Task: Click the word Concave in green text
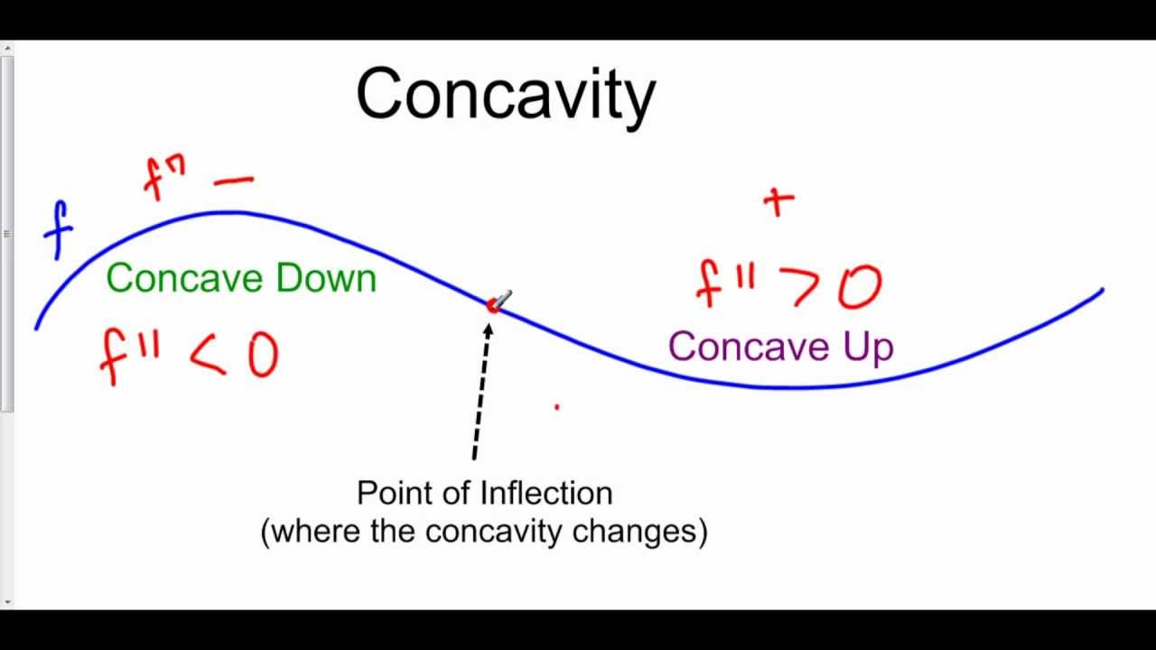[185, 278]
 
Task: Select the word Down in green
[326, 278]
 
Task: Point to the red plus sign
[778, 201]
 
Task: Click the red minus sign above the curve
[234, 181]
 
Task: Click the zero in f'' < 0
[262, 356]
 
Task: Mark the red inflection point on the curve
[493, 306]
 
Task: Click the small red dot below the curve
[556, 408]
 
